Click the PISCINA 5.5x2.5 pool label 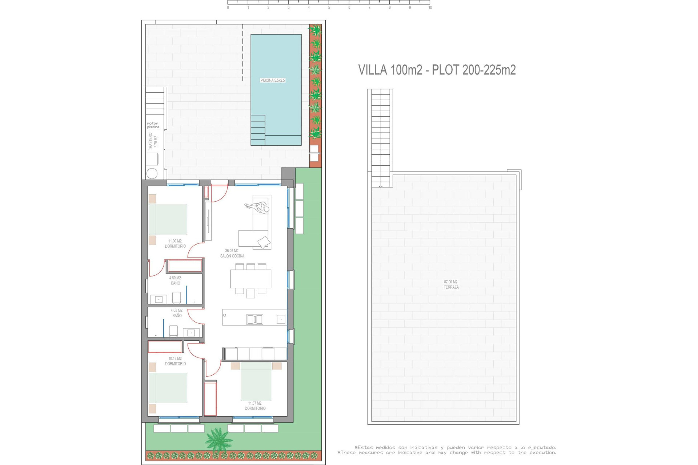pos(273,80)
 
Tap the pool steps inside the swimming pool pos(258,130)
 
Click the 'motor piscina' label pos(153,125)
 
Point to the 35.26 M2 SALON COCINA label pos(232,253)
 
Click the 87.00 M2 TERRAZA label pos(451,284)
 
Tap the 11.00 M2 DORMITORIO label pos(175,243)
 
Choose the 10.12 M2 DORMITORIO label pos(175,361)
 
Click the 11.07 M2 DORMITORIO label pos(255,406)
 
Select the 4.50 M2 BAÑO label pos(175,280)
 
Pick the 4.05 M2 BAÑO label pos(177,313)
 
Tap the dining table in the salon pos(250,279)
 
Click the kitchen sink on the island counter pos(255,319)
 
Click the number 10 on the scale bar pos(430,8)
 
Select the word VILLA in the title pos(373,70)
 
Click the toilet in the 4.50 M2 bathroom pos(176,298)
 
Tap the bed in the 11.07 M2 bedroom pos(256,381)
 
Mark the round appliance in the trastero pos(152,173)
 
